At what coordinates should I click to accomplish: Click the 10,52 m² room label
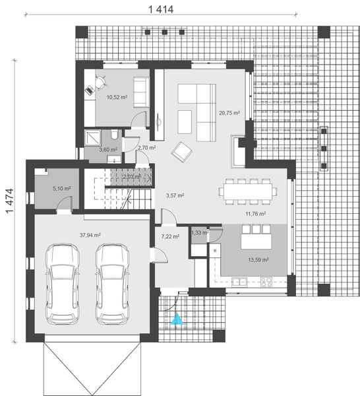point(117,97)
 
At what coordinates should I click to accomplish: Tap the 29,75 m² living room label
point(229,113)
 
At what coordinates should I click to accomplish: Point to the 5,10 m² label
point(61,188)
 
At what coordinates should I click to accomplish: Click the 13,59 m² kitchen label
point(258,260)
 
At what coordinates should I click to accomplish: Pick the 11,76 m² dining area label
point(255,214)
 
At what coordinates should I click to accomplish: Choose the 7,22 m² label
point(171,236)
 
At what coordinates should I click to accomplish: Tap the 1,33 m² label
point(199,232)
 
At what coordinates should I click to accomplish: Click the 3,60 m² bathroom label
point(107,150)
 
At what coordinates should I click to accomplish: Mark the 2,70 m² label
point(146,148)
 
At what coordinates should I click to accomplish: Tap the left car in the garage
point(61,284)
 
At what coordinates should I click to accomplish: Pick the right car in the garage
point(113,284)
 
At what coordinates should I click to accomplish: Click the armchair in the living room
point(180,151)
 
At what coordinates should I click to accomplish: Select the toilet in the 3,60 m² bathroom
point(115,136)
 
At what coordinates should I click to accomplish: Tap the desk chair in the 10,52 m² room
point(100,83)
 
